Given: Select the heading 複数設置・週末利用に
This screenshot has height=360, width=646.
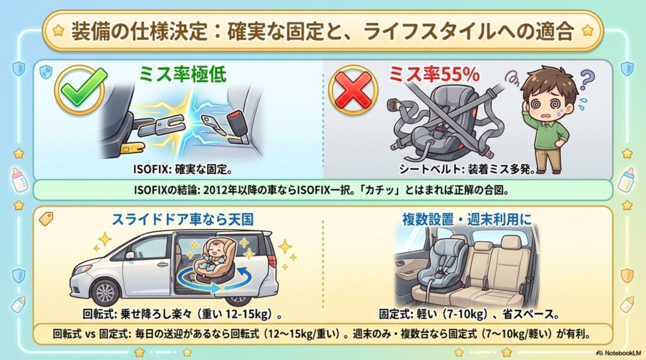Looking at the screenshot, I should [x=467, y=220].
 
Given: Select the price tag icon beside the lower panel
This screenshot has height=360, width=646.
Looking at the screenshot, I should [x=45, y=218].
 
